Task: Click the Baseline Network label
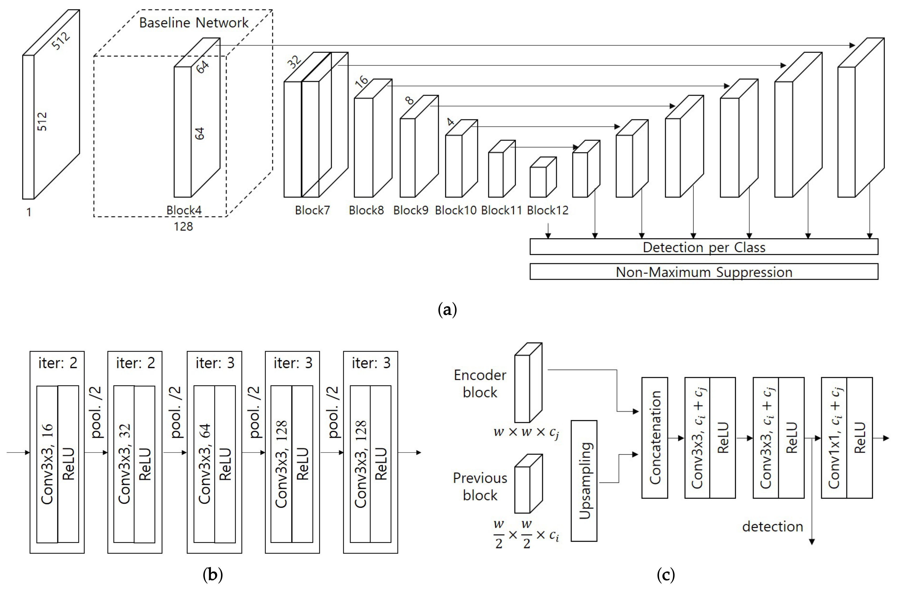click(x=194, y=23)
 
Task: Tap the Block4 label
click(x=184, y=210)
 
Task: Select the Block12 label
click(x=548, y=210)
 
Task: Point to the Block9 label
click(x=411, y=210)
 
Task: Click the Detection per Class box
click(x=704, y=247)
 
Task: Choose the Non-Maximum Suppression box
click(x=704, y=272)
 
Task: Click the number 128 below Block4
click(x=183, y=227)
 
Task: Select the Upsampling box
click(x=584, y=481)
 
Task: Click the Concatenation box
click(x=655, y=438)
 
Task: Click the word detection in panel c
click(x=772, y=527)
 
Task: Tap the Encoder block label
click(x=480, y=384)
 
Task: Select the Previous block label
click(x=480, y=487)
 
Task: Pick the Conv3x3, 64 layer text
click(x=204, y=464)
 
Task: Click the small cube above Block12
click(x=543, y=177)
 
